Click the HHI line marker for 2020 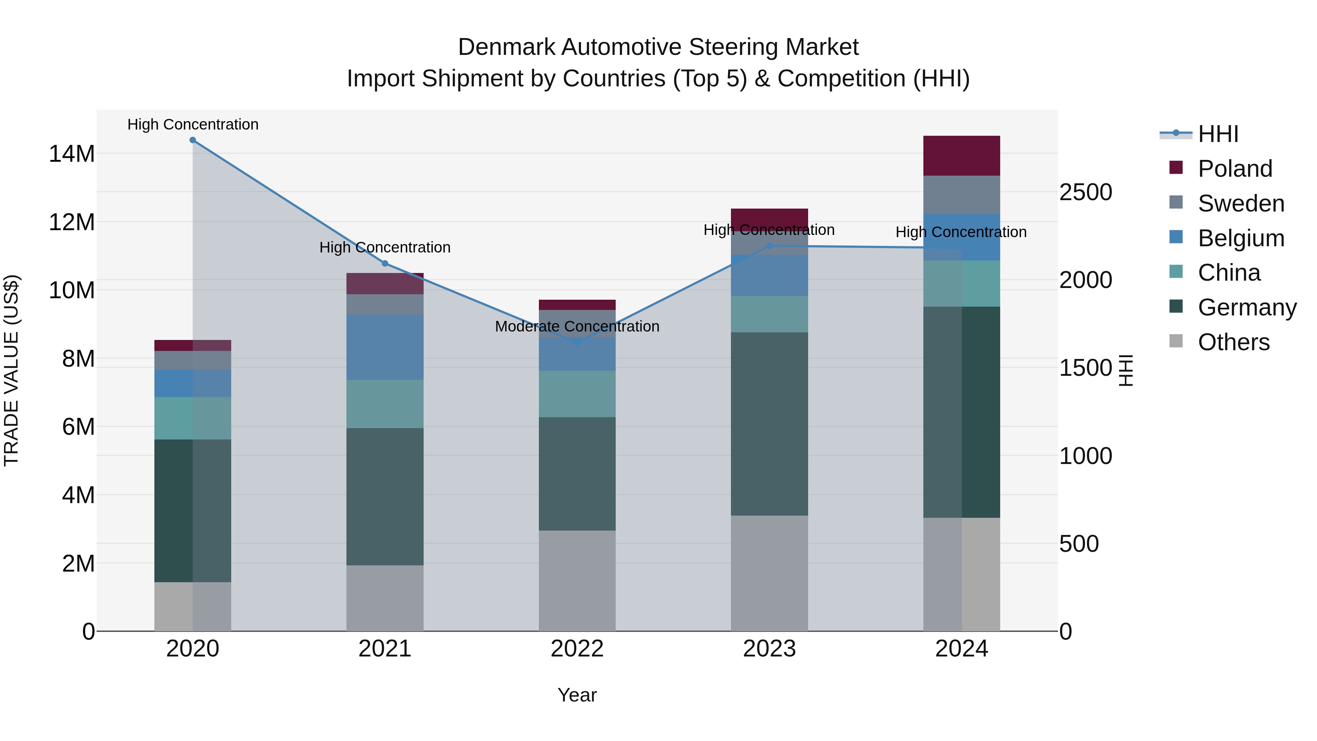(193, 140)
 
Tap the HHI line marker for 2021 (385, 263)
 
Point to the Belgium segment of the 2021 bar (385, 347)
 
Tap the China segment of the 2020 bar (193, 418)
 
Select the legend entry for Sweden (1241, 203)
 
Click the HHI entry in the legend (1218, 134)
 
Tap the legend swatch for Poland (1176, 168)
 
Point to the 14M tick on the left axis (72, 153)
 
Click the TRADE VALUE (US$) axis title (12, 370)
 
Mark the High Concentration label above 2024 (961, 232)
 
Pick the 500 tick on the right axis (1079, 544)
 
